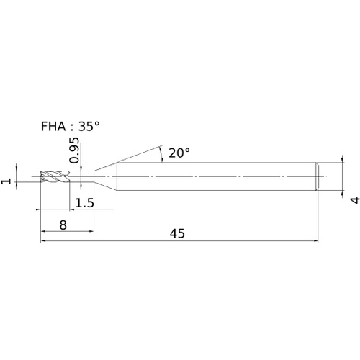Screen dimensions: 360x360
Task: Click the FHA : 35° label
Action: [70, 126]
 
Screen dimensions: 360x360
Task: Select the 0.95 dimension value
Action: [74, 150]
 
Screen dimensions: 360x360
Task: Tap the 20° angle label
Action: [179, 153]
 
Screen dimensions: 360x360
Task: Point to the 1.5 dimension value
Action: [85, 203]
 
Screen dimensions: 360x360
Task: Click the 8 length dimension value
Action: [63, 225]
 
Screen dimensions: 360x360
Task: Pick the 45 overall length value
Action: [177, 233]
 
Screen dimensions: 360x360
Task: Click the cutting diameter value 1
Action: [6, 181]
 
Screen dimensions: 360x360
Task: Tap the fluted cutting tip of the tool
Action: [55, 176]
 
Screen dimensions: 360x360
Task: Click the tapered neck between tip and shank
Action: [105, 176]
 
